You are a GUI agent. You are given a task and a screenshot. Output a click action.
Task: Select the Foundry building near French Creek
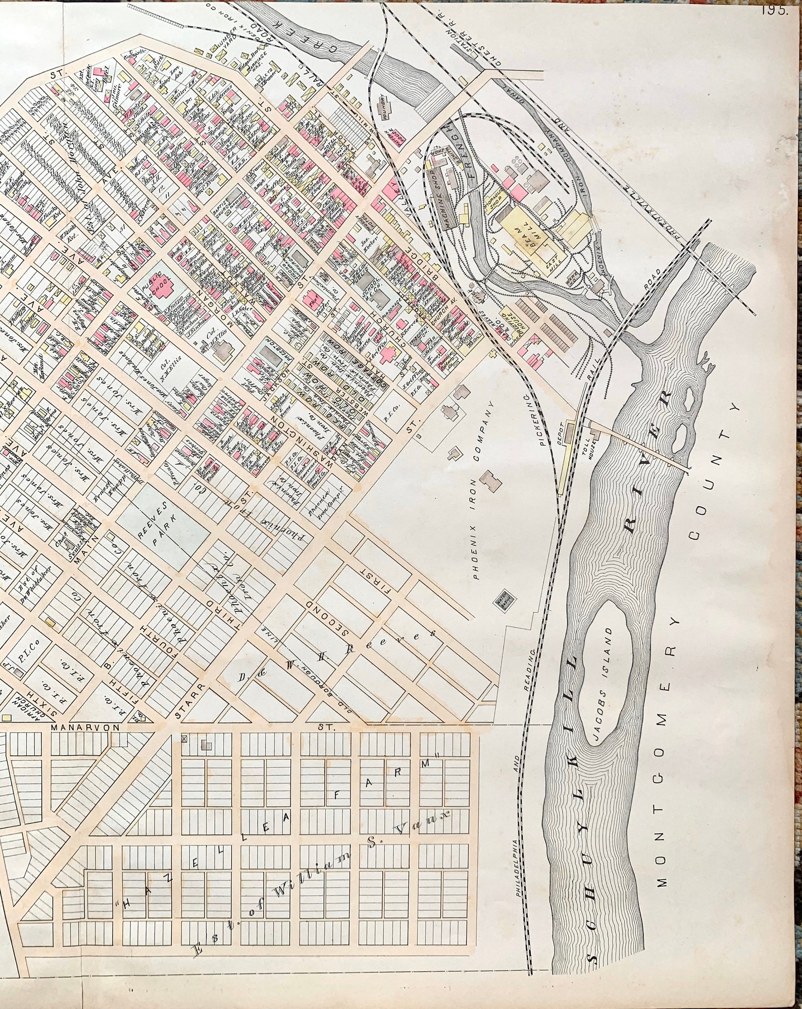point(384,108)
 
